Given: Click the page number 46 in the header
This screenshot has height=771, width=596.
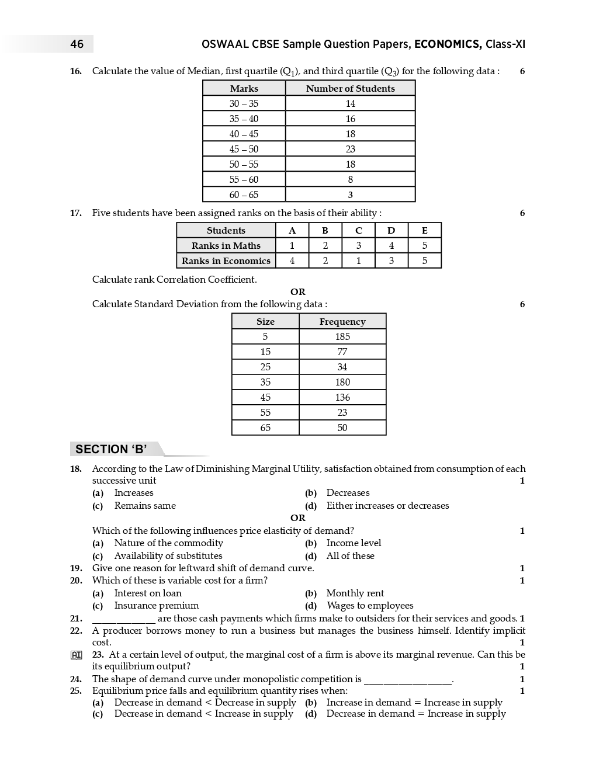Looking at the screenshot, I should pyautogui.click(x=77, y=44).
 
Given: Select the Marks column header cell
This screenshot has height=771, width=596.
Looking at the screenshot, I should pyautogui.click(x=244, y=88).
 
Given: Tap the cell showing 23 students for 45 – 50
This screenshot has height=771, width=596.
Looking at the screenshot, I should pyautogui.click(x=350, y=149).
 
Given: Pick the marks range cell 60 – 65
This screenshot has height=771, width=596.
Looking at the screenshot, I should pyautogui.click(x=244, y=195).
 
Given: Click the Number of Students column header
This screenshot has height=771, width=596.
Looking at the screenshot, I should pyautogui.click(x=350, y=88).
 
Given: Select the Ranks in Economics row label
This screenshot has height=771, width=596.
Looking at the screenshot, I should pyautogui.click(x=226, y=261).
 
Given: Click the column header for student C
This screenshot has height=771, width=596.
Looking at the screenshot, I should pyautogui.click(x=358, y=230).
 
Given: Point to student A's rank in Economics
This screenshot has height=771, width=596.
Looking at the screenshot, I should pyautogui.click(x=292, y=261).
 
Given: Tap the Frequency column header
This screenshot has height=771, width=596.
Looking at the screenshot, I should pyautogui.click(x=342, y=321).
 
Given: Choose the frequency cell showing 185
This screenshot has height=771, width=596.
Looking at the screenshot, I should pyautogui.click(x=342, y=336).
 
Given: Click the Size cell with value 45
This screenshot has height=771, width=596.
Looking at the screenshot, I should pyautogui.click(x=265, y=397).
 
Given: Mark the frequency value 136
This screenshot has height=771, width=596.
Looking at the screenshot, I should pyautogui.click(x=342, y=397).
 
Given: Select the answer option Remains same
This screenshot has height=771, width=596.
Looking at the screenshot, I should pyautogui.click(x=145, y=506).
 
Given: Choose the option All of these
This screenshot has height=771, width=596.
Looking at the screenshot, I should pyautogui.click(x=350, y=556).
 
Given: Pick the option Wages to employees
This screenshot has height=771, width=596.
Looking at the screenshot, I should pyautogui.click(x=370, y=606).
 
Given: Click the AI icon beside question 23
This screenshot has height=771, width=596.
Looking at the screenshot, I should pyautogui.click(x=76, y=655).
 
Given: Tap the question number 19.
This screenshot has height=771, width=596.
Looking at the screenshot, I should pyautogui.click(x=76, y=568).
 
